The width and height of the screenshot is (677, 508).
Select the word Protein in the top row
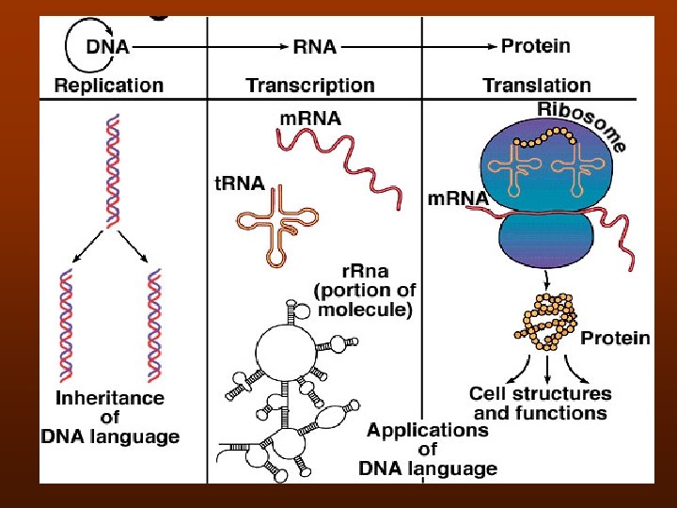(x=535, y=45)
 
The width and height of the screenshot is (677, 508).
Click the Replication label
(x=108, y=86)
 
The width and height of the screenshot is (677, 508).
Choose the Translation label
(x=537, y=86)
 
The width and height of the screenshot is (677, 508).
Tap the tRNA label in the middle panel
(x=239, y=183)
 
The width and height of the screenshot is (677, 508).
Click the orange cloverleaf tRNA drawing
(x=284, y=219)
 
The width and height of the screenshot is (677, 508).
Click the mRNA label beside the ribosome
(x=458, y=199)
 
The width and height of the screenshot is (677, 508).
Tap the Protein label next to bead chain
(x=615, y=338)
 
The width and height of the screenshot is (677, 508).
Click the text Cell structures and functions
(x=540, y=403)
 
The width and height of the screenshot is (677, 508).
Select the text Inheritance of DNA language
(x=109, y=417)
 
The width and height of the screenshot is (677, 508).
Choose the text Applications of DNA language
(x=428, y=449)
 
